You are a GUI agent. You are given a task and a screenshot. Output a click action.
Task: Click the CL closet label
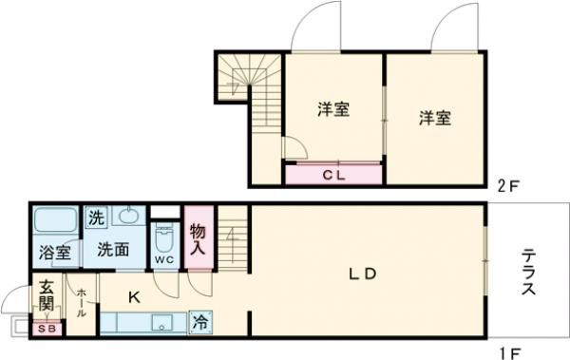[332, 175]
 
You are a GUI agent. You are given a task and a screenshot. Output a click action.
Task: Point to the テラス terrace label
[529, 274]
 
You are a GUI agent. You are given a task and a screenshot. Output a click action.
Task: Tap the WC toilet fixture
[162, 238]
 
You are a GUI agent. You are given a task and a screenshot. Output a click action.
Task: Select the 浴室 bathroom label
[54, 253]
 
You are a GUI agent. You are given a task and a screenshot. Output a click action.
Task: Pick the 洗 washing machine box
[97, 218]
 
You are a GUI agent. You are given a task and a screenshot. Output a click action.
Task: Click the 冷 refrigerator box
[201, 322]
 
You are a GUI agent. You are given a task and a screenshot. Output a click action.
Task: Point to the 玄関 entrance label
[46, 295]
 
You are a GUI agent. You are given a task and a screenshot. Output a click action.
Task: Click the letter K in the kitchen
[134, 297]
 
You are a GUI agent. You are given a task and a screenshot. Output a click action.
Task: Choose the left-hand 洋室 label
[333, 109]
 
